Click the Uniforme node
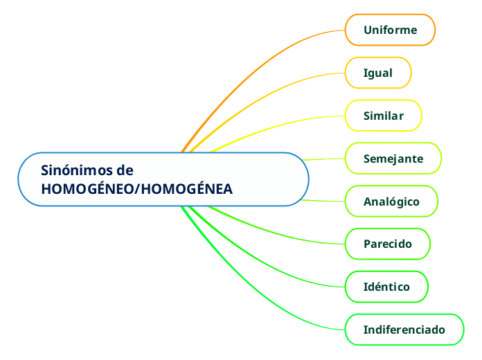390,30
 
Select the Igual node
378,73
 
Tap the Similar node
384,116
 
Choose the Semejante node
393,159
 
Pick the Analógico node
391,201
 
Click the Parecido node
388,244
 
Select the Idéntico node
386,287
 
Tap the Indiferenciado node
404,330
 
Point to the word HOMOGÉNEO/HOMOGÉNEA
137,189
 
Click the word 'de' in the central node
125,170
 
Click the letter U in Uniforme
368,30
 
